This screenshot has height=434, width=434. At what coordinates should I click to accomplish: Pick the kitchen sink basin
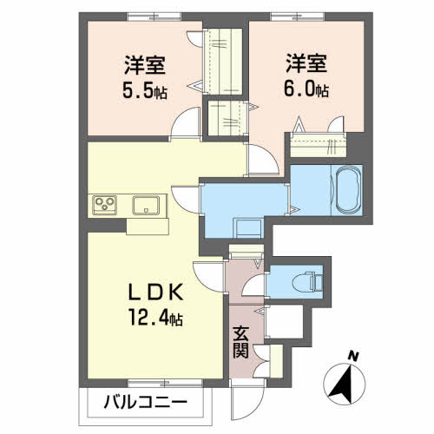tap(145, 206)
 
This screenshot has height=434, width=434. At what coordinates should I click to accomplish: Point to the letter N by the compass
tap(352, 355)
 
